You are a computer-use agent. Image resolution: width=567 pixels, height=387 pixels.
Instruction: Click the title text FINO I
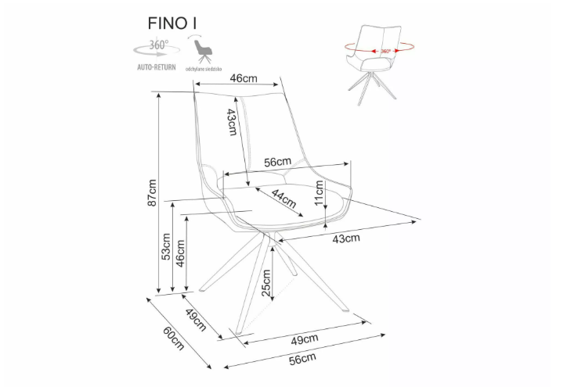(x=172, y=23)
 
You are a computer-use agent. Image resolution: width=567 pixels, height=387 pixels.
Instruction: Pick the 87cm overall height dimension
(x=153, y=192)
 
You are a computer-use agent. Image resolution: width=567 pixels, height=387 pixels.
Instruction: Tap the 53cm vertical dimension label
(x=166, y=246)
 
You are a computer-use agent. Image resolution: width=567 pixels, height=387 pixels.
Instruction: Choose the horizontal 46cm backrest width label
(x=244, y=78)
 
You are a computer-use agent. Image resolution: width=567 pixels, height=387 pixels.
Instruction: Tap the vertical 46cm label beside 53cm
(x=180, y=256)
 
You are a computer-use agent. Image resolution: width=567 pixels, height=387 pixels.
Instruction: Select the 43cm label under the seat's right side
(x=346, y=238)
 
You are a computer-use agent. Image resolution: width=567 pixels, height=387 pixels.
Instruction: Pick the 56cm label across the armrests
(x=278, y=162)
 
